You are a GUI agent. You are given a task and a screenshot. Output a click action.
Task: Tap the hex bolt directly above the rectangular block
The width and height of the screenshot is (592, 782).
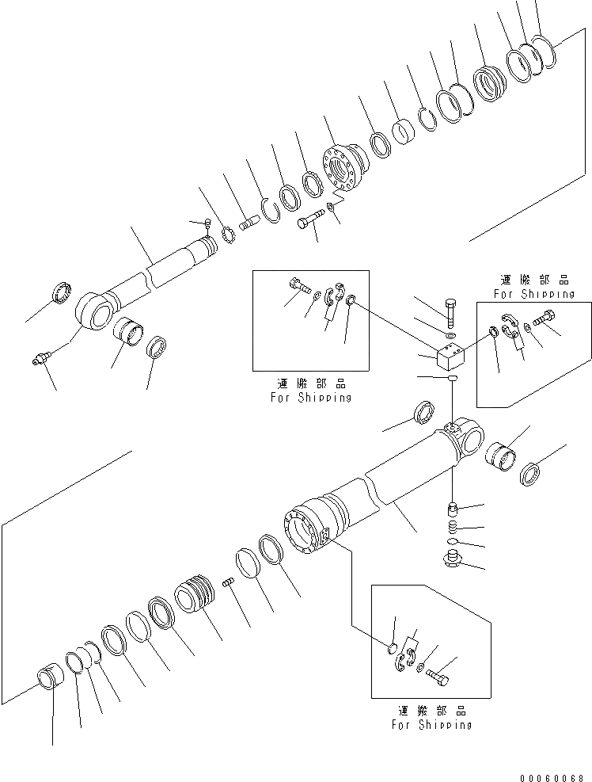(450, 313)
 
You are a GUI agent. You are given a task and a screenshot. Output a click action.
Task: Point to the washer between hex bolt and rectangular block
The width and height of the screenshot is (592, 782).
(450, 336)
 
